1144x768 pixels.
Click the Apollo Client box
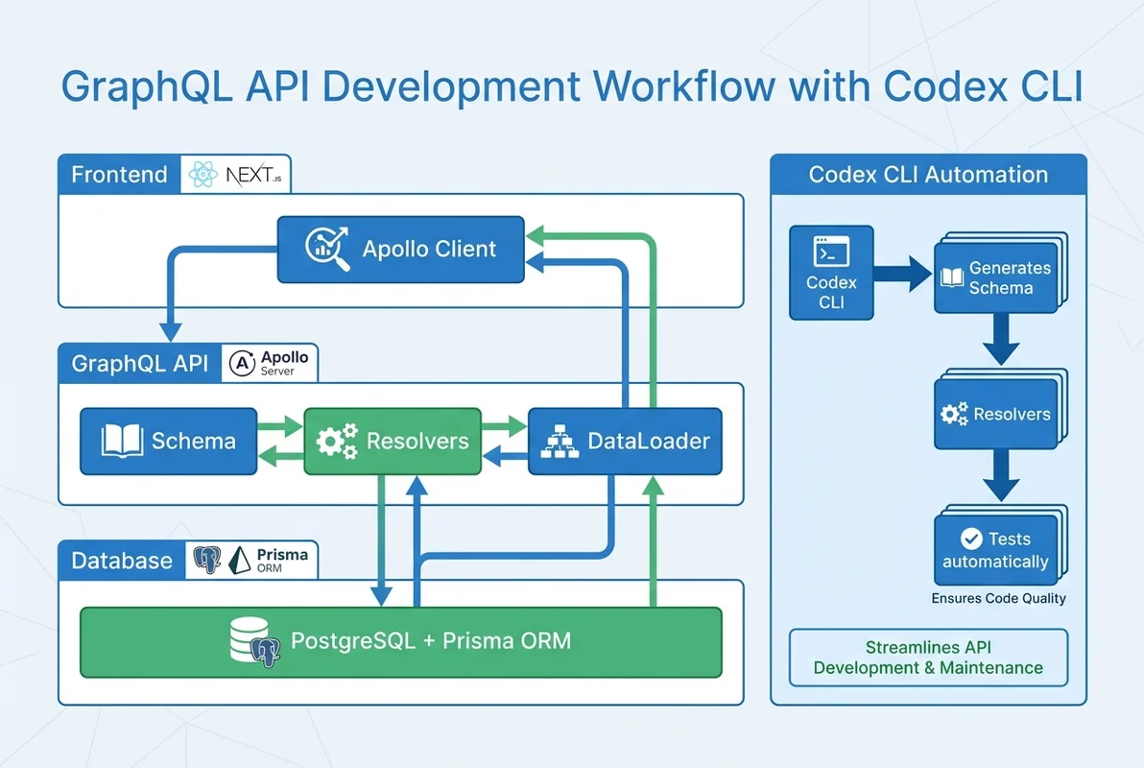coord(401,250)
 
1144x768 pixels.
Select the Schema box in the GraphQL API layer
coord(168,442)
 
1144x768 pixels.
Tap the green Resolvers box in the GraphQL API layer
coord(392,442)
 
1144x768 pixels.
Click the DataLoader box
coord(624,442)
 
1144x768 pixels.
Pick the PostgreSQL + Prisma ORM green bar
coord(400,641)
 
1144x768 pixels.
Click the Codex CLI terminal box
coord(831,273)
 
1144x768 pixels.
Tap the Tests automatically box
coord(995,551)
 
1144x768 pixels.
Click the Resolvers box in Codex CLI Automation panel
coord(995,415)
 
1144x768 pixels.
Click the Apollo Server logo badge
coord(273,364)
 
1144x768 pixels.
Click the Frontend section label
coord(120,175)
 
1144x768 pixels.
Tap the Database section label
coord(122,561)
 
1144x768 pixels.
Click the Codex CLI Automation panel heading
coord(928,175)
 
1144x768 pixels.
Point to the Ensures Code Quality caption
coord(998,598)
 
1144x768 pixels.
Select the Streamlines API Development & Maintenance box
coord(928,658)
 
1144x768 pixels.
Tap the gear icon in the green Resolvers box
coord(336,442)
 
